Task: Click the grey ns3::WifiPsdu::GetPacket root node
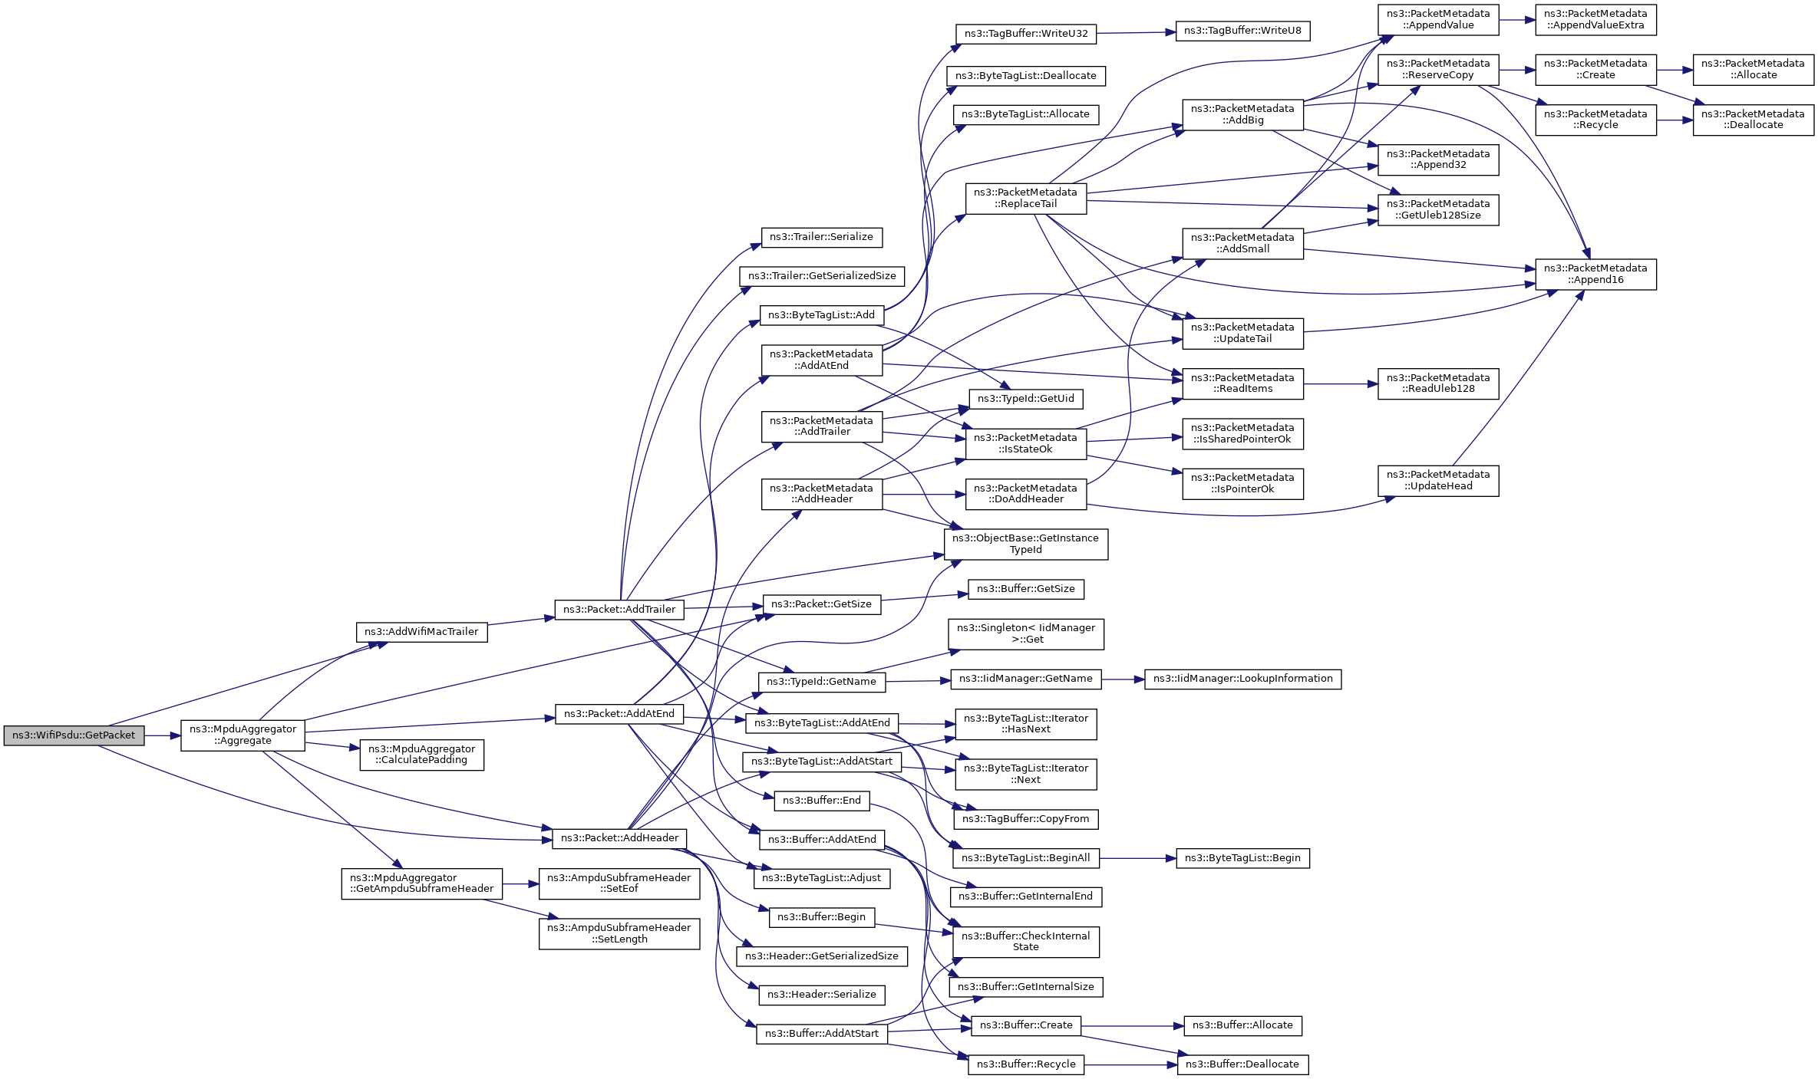(74, 735)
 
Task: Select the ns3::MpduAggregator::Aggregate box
(243, 735)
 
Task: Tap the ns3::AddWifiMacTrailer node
(421, 632)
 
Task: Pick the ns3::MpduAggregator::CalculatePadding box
(421, 755)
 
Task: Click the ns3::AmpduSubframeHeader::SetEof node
(619, 883)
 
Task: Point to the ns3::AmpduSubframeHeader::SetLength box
(619, 933)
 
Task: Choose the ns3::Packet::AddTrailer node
(619, 610)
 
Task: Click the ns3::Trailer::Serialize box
(821, 237)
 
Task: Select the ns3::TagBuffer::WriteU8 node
(1242, 31)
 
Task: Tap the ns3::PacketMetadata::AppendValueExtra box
(1595, 19)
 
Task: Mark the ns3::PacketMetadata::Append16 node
(1595, 274)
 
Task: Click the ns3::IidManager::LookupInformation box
(1242, 679)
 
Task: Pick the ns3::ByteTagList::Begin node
(1242, 858)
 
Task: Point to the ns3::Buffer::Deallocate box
(1242, 1064)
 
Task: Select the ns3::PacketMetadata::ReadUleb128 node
(1437, 383)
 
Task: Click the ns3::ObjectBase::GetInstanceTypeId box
(1025, 544)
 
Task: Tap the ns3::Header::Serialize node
(821, 995)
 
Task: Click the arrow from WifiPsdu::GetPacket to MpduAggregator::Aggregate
(162, 735)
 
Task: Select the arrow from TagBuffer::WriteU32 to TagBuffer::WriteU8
(1136, 32)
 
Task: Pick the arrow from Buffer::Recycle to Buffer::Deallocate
(1130, 1064)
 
